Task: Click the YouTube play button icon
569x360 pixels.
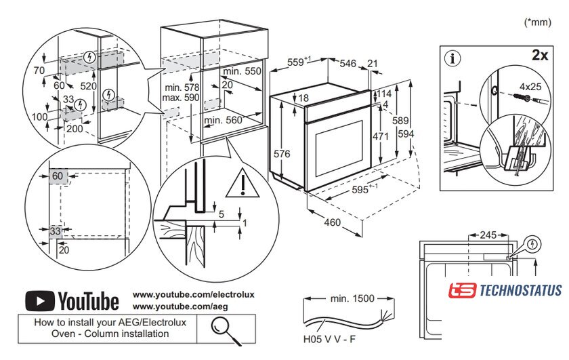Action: click(39, 300)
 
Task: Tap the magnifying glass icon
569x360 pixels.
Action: click(220, 327)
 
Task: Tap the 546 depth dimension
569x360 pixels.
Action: click(347, 63)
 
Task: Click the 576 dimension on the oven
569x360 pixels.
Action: click(281, 154)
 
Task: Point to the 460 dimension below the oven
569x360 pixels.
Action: click(331, 222)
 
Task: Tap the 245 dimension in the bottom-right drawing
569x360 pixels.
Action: click(488, 235)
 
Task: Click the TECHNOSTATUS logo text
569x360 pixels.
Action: click(520, 291)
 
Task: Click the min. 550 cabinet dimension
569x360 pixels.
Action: click(242, 71)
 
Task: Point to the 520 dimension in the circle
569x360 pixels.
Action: click(87, 86)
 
